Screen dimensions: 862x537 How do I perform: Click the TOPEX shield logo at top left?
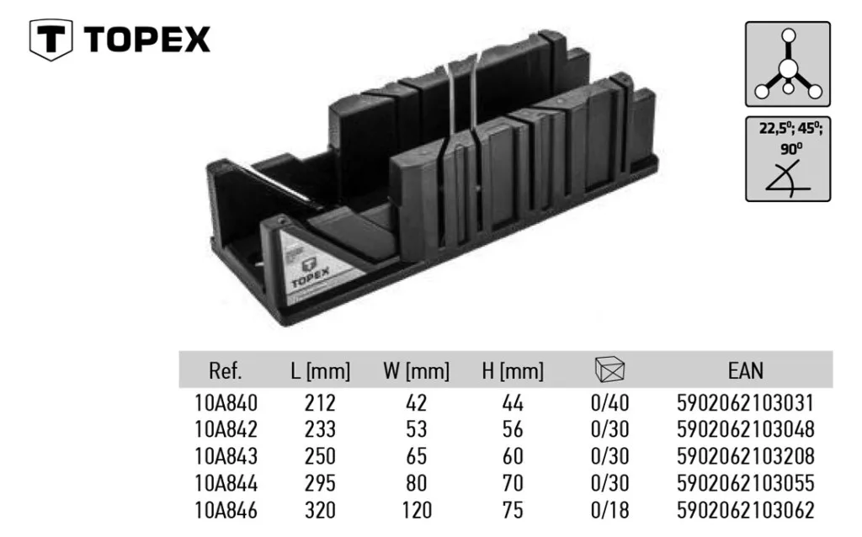click(x=51, y=39)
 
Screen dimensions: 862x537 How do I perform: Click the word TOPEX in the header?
click(x=147, y=40)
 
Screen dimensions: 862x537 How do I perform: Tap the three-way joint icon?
click(x=788, y=64)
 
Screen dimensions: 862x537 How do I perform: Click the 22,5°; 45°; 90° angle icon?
click(x=788, y=159)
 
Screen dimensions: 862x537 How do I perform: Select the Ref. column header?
click(x=226, y=371)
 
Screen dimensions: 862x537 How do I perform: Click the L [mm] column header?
click(x=321, y=371)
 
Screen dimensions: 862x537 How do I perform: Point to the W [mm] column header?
click(x=416, y=371)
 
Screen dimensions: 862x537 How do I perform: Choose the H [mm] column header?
click(x=513, y=371)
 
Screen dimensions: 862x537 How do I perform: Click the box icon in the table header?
click(x=609, y=369)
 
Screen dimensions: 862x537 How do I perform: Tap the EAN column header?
click(x=746, y=371)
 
